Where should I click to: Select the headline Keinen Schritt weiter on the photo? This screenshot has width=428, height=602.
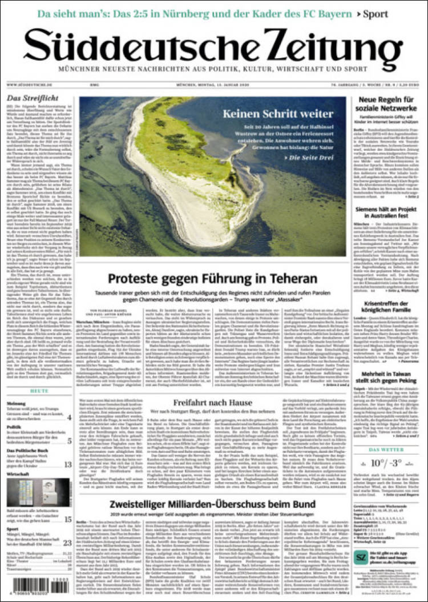point(278,114)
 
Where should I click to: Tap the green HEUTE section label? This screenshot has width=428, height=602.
point(39,391)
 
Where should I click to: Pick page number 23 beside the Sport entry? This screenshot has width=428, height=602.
point(67,543)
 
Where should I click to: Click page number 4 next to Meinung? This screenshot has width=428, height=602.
point(69,418)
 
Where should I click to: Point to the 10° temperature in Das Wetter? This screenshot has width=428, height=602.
point(377,463)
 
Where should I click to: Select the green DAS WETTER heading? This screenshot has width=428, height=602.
point(387,450)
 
